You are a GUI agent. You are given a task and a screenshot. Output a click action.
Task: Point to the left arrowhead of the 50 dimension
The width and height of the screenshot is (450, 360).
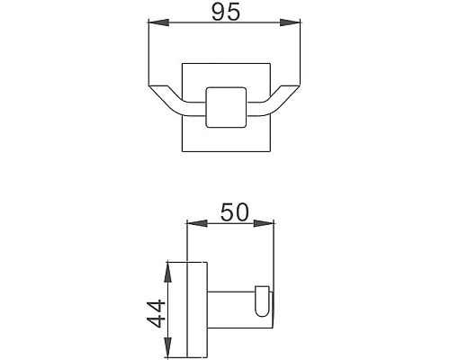pyautogui.click(x=191, y=223)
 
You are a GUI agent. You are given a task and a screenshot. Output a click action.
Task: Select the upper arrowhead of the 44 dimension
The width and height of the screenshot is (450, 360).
pyautogui.click(x=166, y=265)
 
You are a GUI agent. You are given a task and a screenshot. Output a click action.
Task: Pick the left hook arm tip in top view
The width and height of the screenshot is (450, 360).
pyautogui.click(x=156, y=87)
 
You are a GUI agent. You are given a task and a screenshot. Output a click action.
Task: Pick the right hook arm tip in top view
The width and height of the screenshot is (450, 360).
pyautogui.click(x=293, y=87)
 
